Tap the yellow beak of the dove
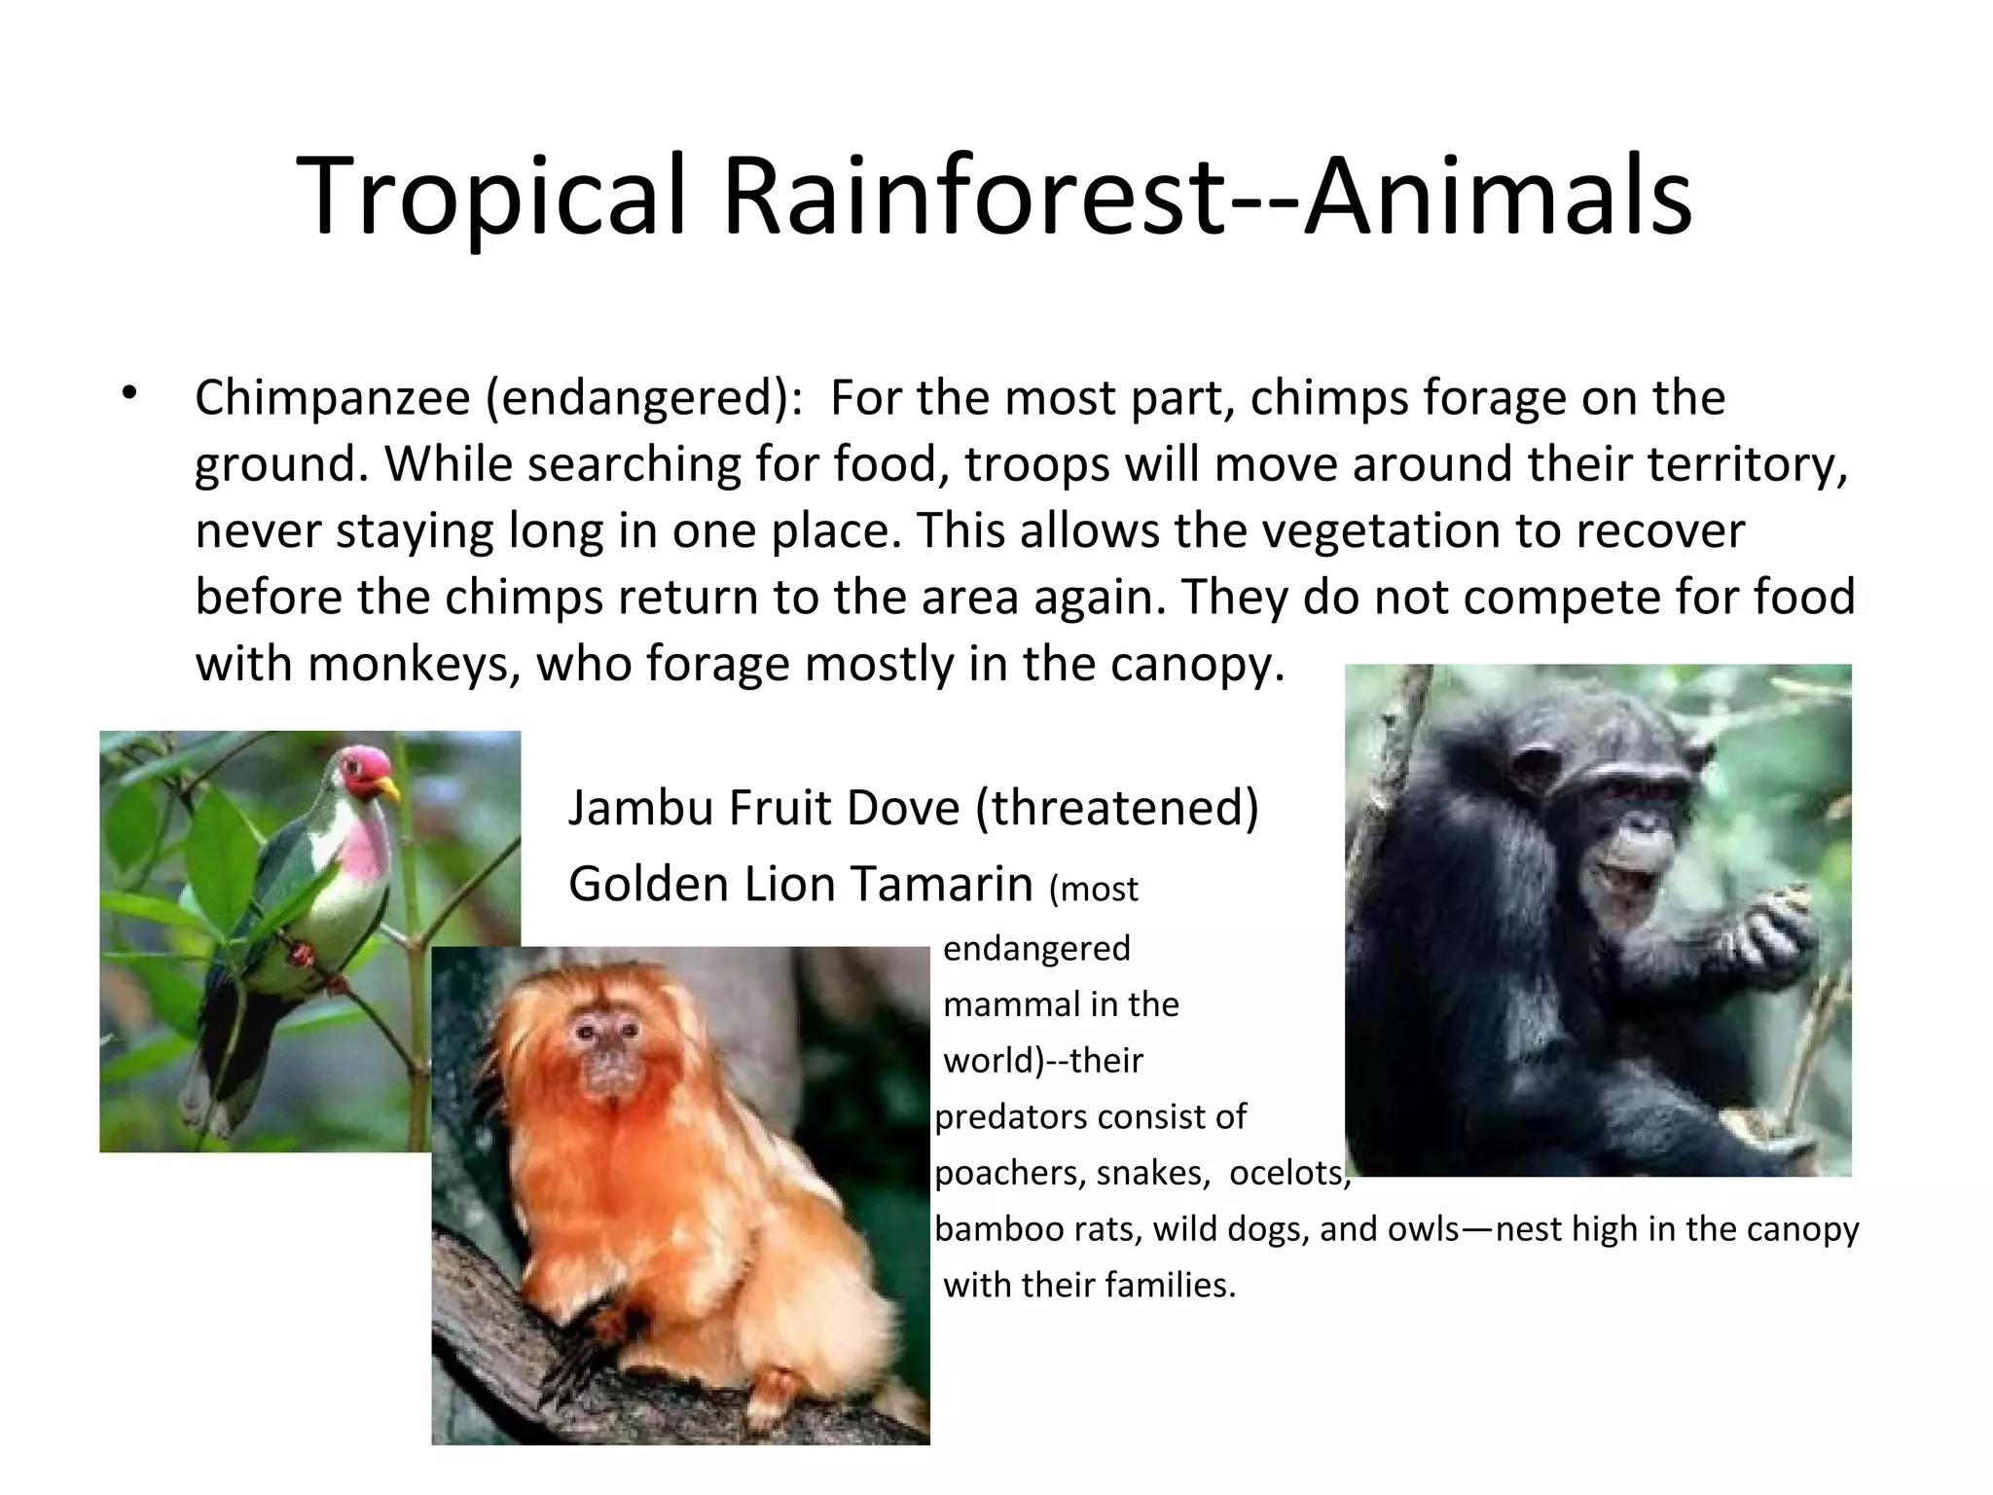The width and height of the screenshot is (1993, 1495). click(389, 786)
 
